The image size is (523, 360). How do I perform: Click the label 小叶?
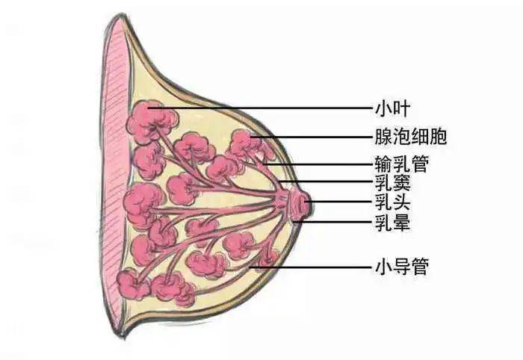pos(392,108)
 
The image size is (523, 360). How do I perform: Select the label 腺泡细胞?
pos(411,137)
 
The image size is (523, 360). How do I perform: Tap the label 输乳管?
pos(402,164)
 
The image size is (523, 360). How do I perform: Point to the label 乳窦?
pos(392,182)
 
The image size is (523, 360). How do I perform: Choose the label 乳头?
pos(392,202)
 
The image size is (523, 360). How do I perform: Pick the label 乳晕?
pos(392,222)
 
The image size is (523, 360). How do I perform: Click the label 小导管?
pos(402,267)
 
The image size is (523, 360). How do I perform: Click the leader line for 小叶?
pos(260,108)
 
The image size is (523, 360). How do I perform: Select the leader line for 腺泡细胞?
pos(311,137)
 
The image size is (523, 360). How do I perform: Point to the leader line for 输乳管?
pos(318,164)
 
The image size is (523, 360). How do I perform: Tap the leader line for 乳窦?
pos(326,181)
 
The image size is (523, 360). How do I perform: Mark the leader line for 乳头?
pos(340,202)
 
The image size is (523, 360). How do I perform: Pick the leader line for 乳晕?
pos(333,221)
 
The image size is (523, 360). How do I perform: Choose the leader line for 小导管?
pos(311,267)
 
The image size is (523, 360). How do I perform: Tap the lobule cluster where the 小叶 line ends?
pos(152,122)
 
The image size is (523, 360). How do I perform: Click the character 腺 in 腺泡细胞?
pos(383,137)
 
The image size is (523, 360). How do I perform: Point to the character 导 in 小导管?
pos(402,267)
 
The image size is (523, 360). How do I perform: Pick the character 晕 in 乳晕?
pos(402,222)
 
